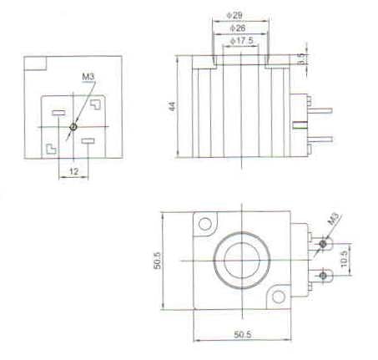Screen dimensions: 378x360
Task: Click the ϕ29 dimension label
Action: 234,15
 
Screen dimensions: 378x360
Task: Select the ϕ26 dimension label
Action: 238,28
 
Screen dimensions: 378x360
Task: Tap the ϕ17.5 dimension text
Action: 242,41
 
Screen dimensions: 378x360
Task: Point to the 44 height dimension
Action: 173,106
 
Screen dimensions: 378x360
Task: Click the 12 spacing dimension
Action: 73,171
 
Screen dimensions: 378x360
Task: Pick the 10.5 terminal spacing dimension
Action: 344,259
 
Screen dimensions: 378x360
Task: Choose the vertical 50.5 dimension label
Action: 157,261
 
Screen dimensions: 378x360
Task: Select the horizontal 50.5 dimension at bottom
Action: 243,334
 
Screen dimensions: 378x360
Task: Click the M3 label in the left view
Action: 88,77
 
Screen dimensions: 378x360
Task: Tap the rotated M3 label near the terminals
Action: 333,219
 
